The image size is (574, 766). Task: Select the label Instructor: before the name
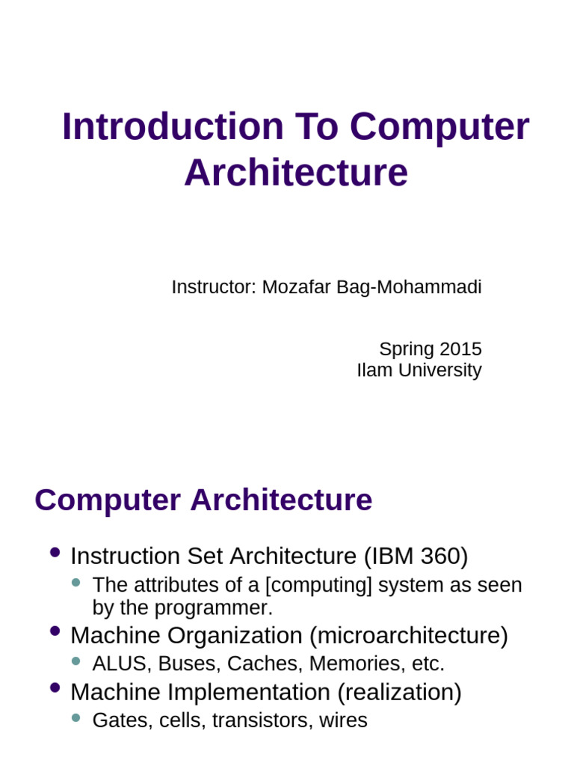click(214, 287)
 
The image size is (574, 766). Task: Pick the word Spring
click(407, 349)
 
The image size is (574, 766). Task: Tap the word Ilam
click(374, 370)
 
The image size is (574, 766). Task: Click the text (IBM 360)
click(416, 557)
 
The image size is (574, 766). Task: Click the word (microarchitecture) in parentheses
click(409, 636)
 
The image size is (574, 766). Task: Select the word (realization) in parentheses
click(399, 692)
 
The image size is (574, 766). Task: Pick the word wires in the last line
click(343, 720)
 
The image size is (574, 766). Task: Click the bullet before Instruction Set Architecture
click(54, 554)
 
